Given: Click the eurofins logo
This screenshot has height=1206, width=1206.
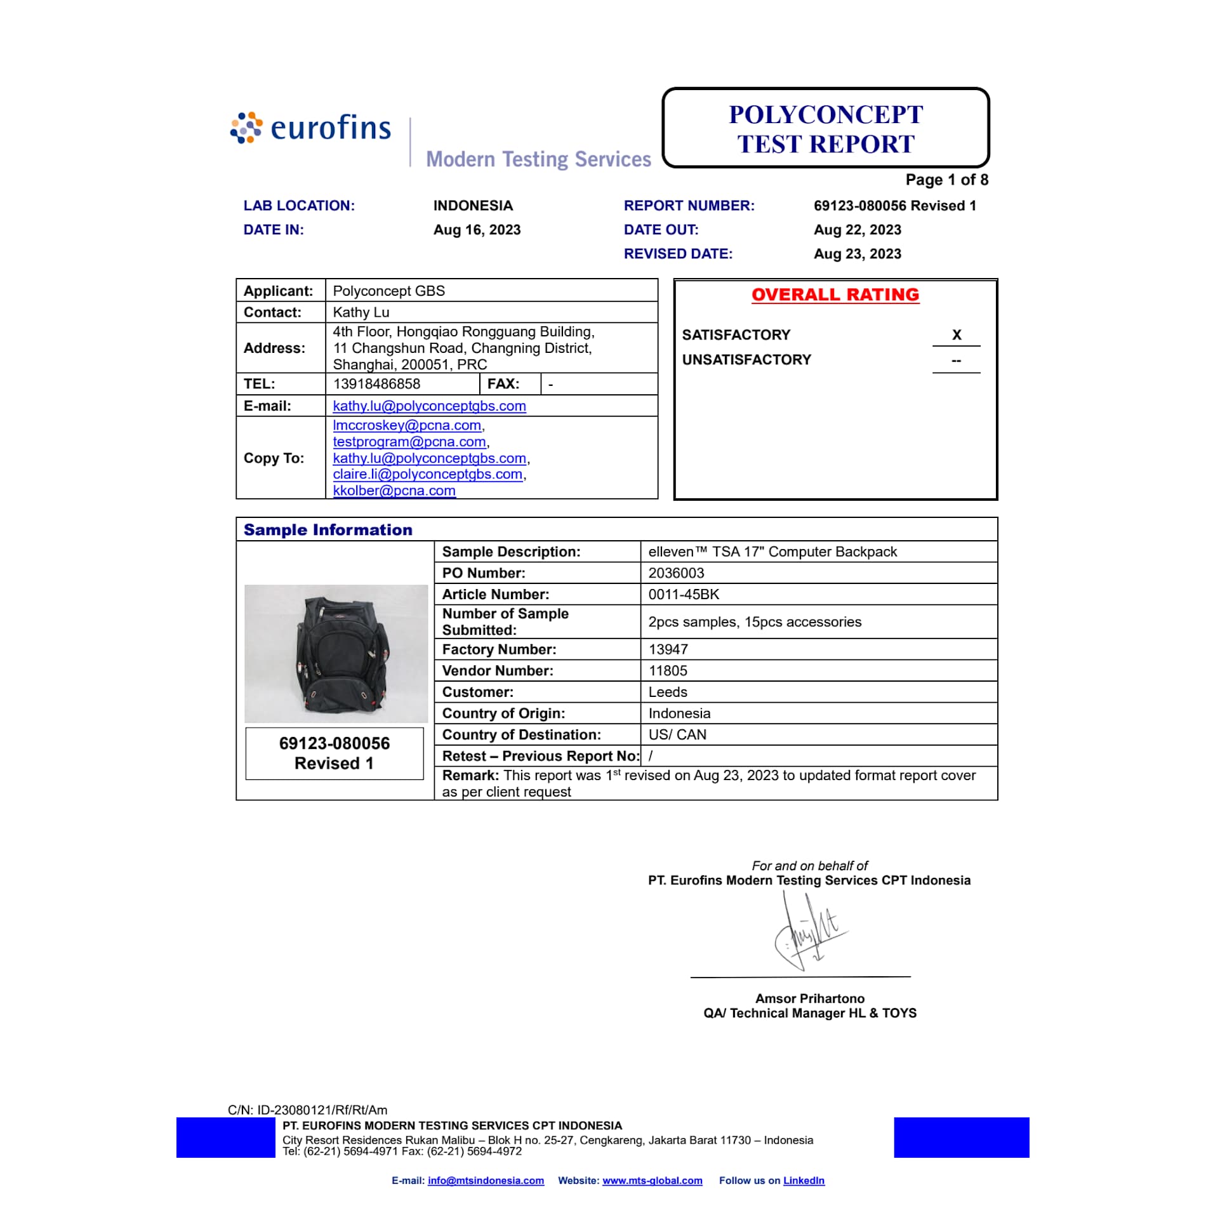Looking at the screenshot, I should tap(311, 128).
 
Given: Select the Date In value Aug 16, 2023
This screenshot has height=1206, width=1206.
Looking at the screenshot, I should tap(477, 230).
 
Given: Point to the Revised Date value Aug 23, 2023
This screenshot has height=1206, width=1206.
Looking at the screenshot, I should tap(857, 254).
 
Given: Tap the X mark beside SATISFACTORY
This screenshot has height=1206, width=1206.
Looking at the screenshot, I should tap(956, 335).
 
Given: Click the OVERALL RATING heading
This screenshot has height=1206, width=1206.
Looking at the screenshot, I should tap(835, 295).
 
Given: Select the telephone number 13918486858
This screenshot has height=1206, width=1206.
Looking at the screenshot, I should tap(376, 384).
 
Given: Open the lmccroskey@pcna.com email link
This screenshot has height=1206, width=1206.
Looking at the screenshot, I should tap(407, 425).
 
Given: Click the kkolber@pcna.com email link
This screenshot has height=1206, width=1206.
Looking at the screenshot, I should tap(394, 491).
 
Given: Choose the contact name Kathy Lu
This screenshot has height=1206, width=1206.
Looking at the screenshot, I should tap(361, 312).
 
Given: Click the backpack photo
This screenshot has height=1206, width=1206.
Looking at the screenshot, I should tap(336, 653).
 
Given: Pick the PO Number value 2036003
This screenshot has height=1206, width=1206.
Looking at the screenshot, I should tap(676, 573).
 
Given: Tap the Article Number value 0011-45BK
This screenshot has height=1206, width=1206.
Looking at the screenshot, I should tap(684, 595).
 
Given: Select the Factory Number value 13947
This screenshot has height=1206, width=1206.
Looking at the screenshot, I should tap(668, 649).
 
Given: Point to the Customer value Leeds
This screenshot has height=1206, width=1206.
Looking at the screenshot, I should tap(668, 692).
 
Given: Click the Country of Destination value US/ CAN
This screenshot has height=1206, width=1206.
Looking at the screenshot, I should tap(677, 734).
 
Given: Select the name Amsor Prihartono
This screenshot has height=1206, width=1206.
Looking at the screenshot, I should tap(809, 998).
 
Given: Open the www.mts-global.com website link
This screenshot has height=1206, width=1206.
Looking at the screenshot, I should tap(652, 1181).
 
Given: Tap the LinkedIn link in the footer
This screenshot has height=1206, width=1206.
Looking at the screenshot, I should tap(804, 1181).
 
